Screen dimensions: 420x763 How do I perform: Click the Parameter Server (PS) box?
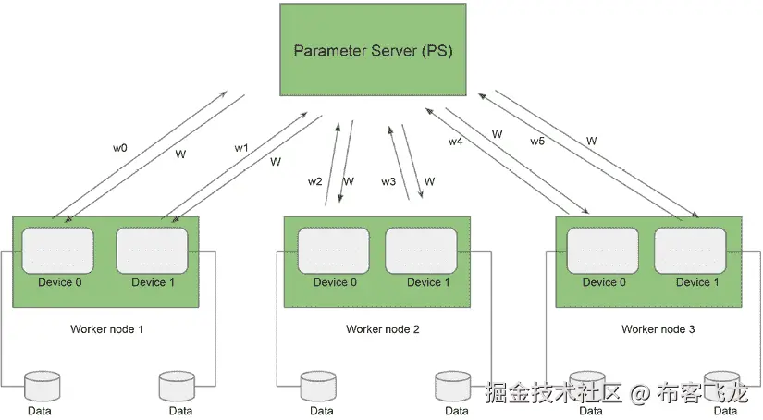(373, 50)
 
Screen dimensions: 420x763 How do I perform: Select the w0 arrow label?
(120, 147)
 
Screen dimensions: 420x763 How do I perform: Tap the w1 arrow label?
(241, 148)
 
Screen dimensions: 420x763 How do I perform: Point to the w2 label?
(314, 181)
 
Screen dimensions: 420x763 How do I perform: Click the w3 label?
(388, 181)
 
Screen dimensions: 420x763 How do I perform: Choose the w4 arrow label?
(455, 142)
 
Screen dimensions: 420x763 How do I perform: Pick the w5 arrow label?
(537, 142)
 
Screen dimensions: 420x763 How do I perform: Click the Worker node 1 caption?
(106, 329)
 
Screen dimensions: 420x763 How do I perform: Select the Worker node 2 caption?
(383, 329)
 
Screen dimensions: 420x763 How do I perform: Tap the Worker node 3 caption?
(658, 329)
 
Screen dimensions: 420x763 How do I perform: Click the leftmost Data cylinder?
(41, 385)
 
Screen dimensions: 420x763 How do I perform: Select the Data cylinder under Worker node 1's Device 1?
(179, 385)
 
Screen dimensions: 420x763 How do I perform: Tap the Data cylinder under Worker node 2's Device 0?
(320, 385)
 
